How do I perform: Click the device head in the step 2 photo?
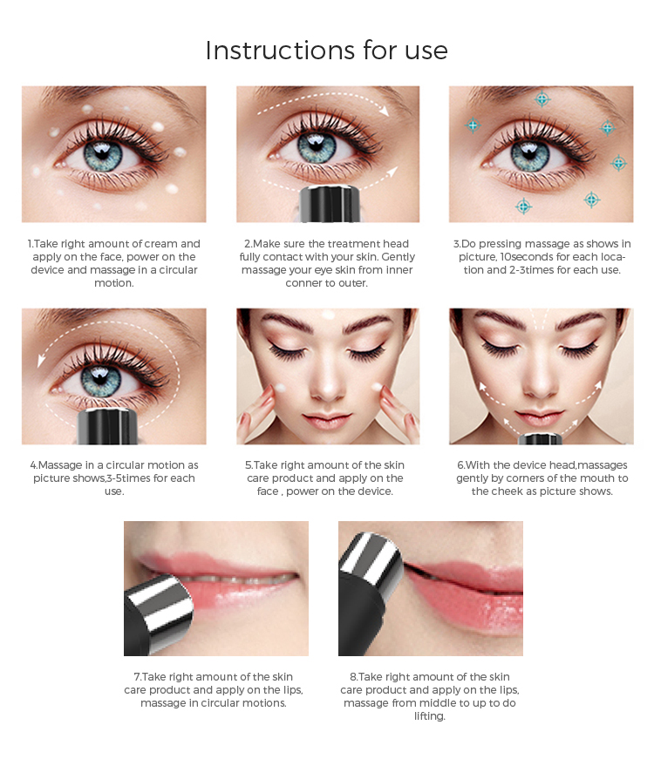(x=328, y=201)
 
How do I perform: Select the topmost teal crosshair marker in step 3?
(x=542, y=99)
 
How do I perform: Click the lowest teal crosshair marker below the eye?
(x=523, y=207)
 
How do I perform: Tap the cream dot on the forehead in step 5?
(x=328, y=315)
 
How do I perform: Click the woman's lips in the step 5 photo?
(x=328, y=413)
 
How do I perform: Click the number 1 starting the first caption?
(x=30, y=244)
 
